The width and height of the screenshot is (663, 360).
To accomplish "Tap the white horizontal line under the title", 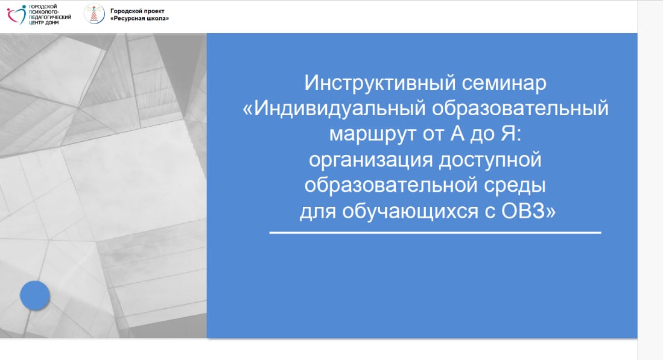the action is (435, 232).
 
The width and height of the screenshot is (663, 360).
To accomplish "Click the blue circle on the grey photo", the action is (35, 295).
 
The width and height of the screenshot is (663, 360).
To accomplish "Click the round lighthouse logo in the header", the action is (94, 14).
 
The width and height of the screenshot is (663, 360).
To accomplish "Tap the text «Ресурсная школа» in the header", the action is (139, 19).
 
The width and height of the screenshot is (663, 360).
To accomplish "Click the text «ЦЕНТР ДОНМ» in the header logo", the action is (43, 22).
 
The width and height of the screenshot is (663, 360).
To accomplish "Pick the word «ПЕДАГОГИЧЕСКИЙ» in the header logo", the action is (49, 17).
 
